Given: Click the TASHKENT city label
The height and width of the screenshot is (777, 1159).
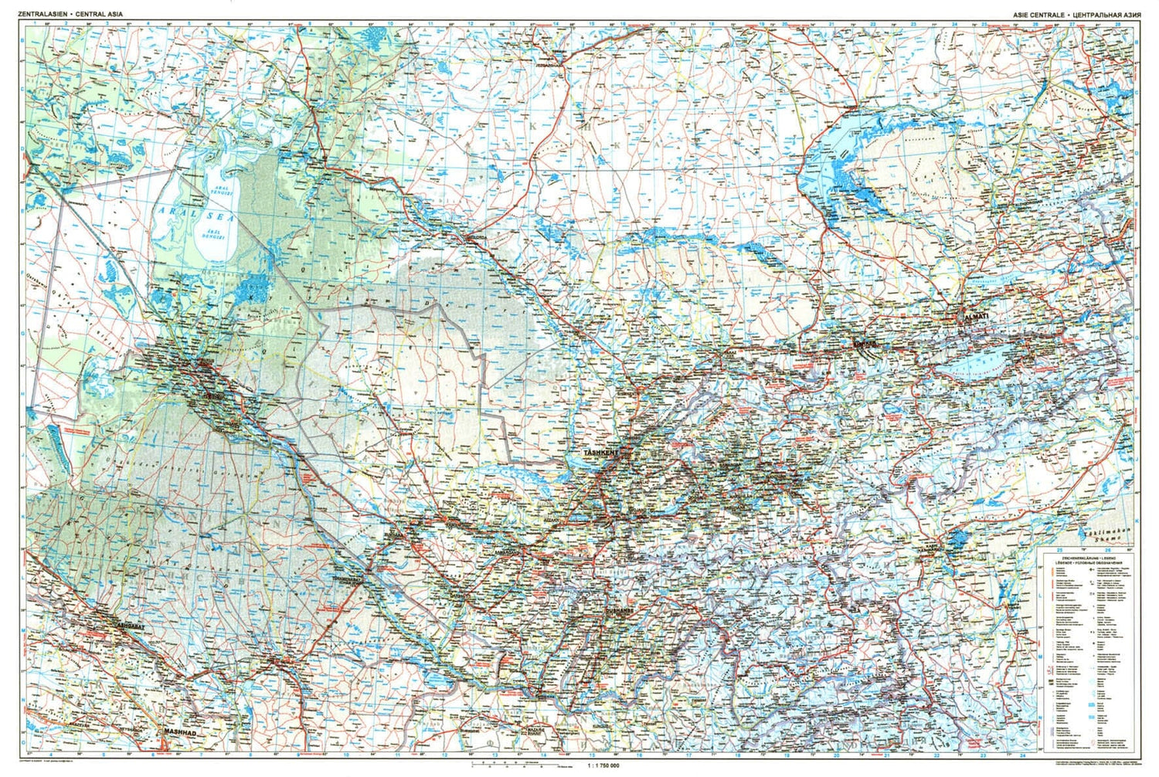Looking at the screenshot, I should point(601,453).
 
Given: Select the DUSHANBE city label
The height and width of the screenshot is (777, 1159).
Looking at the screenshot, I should point(619,610).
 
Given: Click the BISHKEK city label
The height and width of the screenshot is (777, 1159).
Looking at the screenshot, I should point(863,341).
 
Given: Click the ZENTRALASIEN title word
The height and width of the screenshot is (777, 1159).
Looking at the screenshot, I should point(46,14).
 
